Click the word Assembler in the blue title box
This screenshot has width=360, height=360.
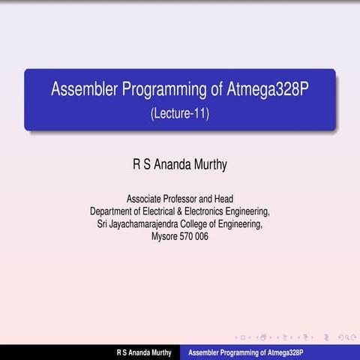82,91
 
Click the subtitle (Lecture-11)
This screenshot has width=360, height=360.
179,114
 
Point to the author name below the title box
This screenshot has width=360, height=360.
179,163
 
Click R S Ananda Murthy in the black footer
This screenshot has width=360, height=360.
143,352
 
